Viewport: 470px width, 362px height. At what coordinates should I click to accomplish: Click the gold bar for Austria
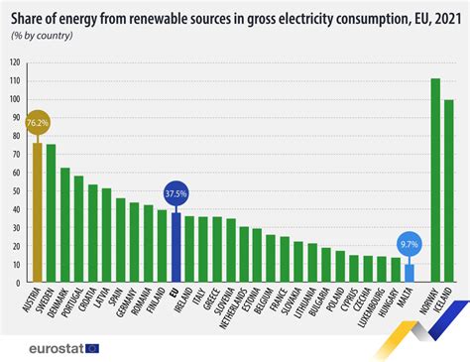(x=38, y=213)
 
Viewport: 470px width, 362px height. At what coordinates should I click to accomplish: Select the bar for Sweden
(x=52, y=214)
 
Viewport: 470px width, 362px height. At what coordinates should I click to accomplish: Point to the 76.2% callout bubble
(x=38, y=123)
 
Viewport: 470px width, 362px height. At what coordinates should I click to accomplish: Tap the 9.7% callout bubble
(x=409, y=242)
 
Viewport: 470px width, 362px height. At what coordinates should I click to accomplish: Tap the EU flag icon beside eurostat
(x=92, y=347)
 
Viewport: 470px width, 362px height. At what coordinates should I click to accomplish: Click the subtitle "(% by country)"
(x=43, y=35)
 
